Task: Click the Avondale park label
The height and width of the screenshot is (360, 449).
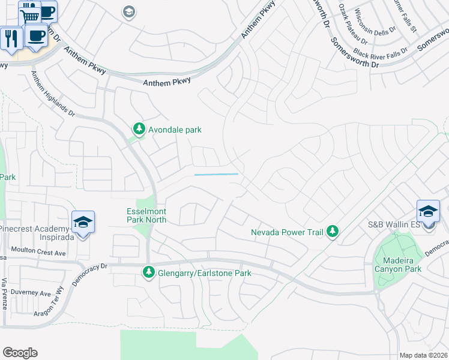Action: click(x=175, y=129)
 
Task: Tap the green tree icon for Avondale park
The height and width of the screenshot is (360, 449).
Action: click(x=139, y=128)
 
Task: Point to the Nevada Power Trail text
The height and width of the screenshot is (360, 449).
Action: click(x=286, y=232)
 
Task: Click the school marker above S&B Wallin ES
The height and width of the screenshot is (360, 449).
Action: click(x=429, y=212)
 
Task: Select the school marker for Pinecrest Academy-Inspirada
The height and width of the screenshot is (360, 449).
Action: click(x=83, y=223)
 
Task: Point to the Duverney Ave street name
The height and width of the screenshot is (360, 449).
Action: click(x=34, y=293)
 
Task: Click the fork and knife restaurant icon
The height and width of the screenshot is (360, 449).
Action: click(x=11, y=38)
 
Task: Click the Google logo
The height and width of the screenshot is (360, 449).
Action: click(x=20, y=353)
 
